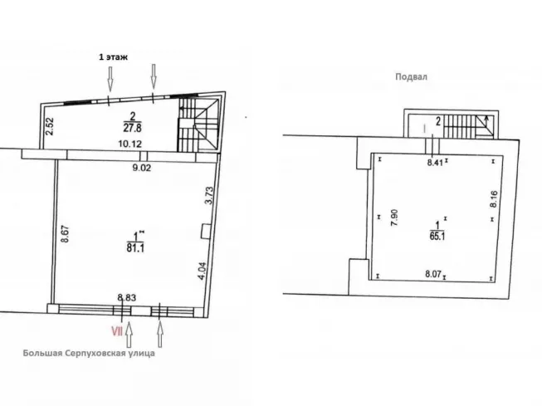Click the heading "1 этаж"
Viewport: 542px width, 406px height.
pyautogui.click(x=114, y=57)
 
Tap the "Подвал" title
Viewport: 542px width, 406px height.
pyautogui.click(x=412, y=76)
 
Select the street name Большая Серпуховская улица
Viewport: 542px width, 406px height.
pyautogui.click(x=89, y=353)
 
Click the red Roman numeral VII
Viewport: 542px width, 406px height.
pyautogui.click(x=117, y=331)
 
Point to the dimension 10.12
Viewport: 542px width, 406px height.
pyautogui.click(x=129, y=144)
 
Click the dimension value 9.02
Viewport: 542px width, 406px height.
pyautogui.click(x=142, y=168)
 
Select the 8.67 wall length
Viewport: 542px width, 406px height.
pyautogui.click(x=66, y=234)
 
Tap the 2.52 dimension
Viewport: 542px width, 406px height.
pyautogui.click(x=51, y=126)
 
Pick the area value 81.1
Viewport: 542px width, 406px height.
pyautogui.click(x=135, y=248)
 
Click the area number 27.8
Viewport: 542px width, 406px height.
pyautogui.click(x=132, y=128)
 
